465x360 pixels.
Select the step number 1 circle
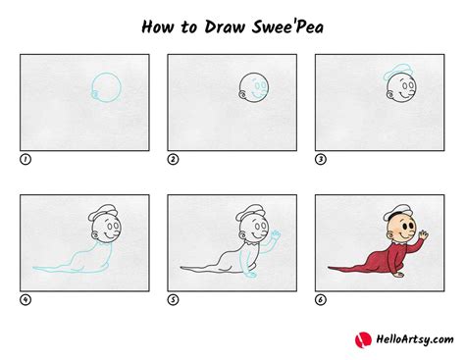(x=25, y=158)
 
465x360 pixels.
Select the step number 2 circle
(x=173, y=158)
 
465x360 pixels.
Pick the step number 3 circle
(x=320, y=158)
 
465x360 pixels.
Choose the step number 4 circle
(x=25, y=299)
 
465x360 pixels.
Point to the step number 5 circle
(x=173, y=299)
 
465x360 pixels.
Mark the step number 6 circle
(x=320, y=299)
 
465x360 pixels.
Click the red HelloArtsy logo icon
(x=361, y=338)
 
